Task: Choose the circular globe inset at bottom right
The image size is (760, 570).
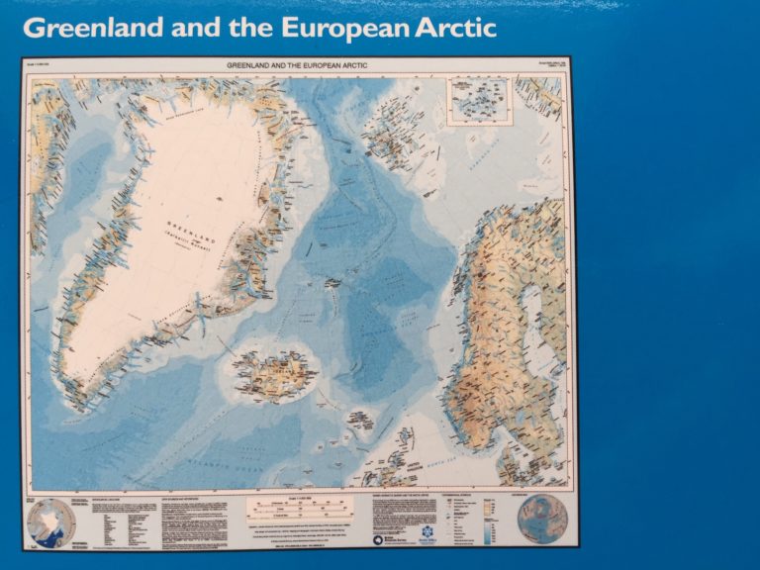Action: pyautogui.click(x=541, y=519)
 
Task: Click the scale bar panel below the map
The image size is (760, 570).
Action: pyautogui.click(x=302, y=514)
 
